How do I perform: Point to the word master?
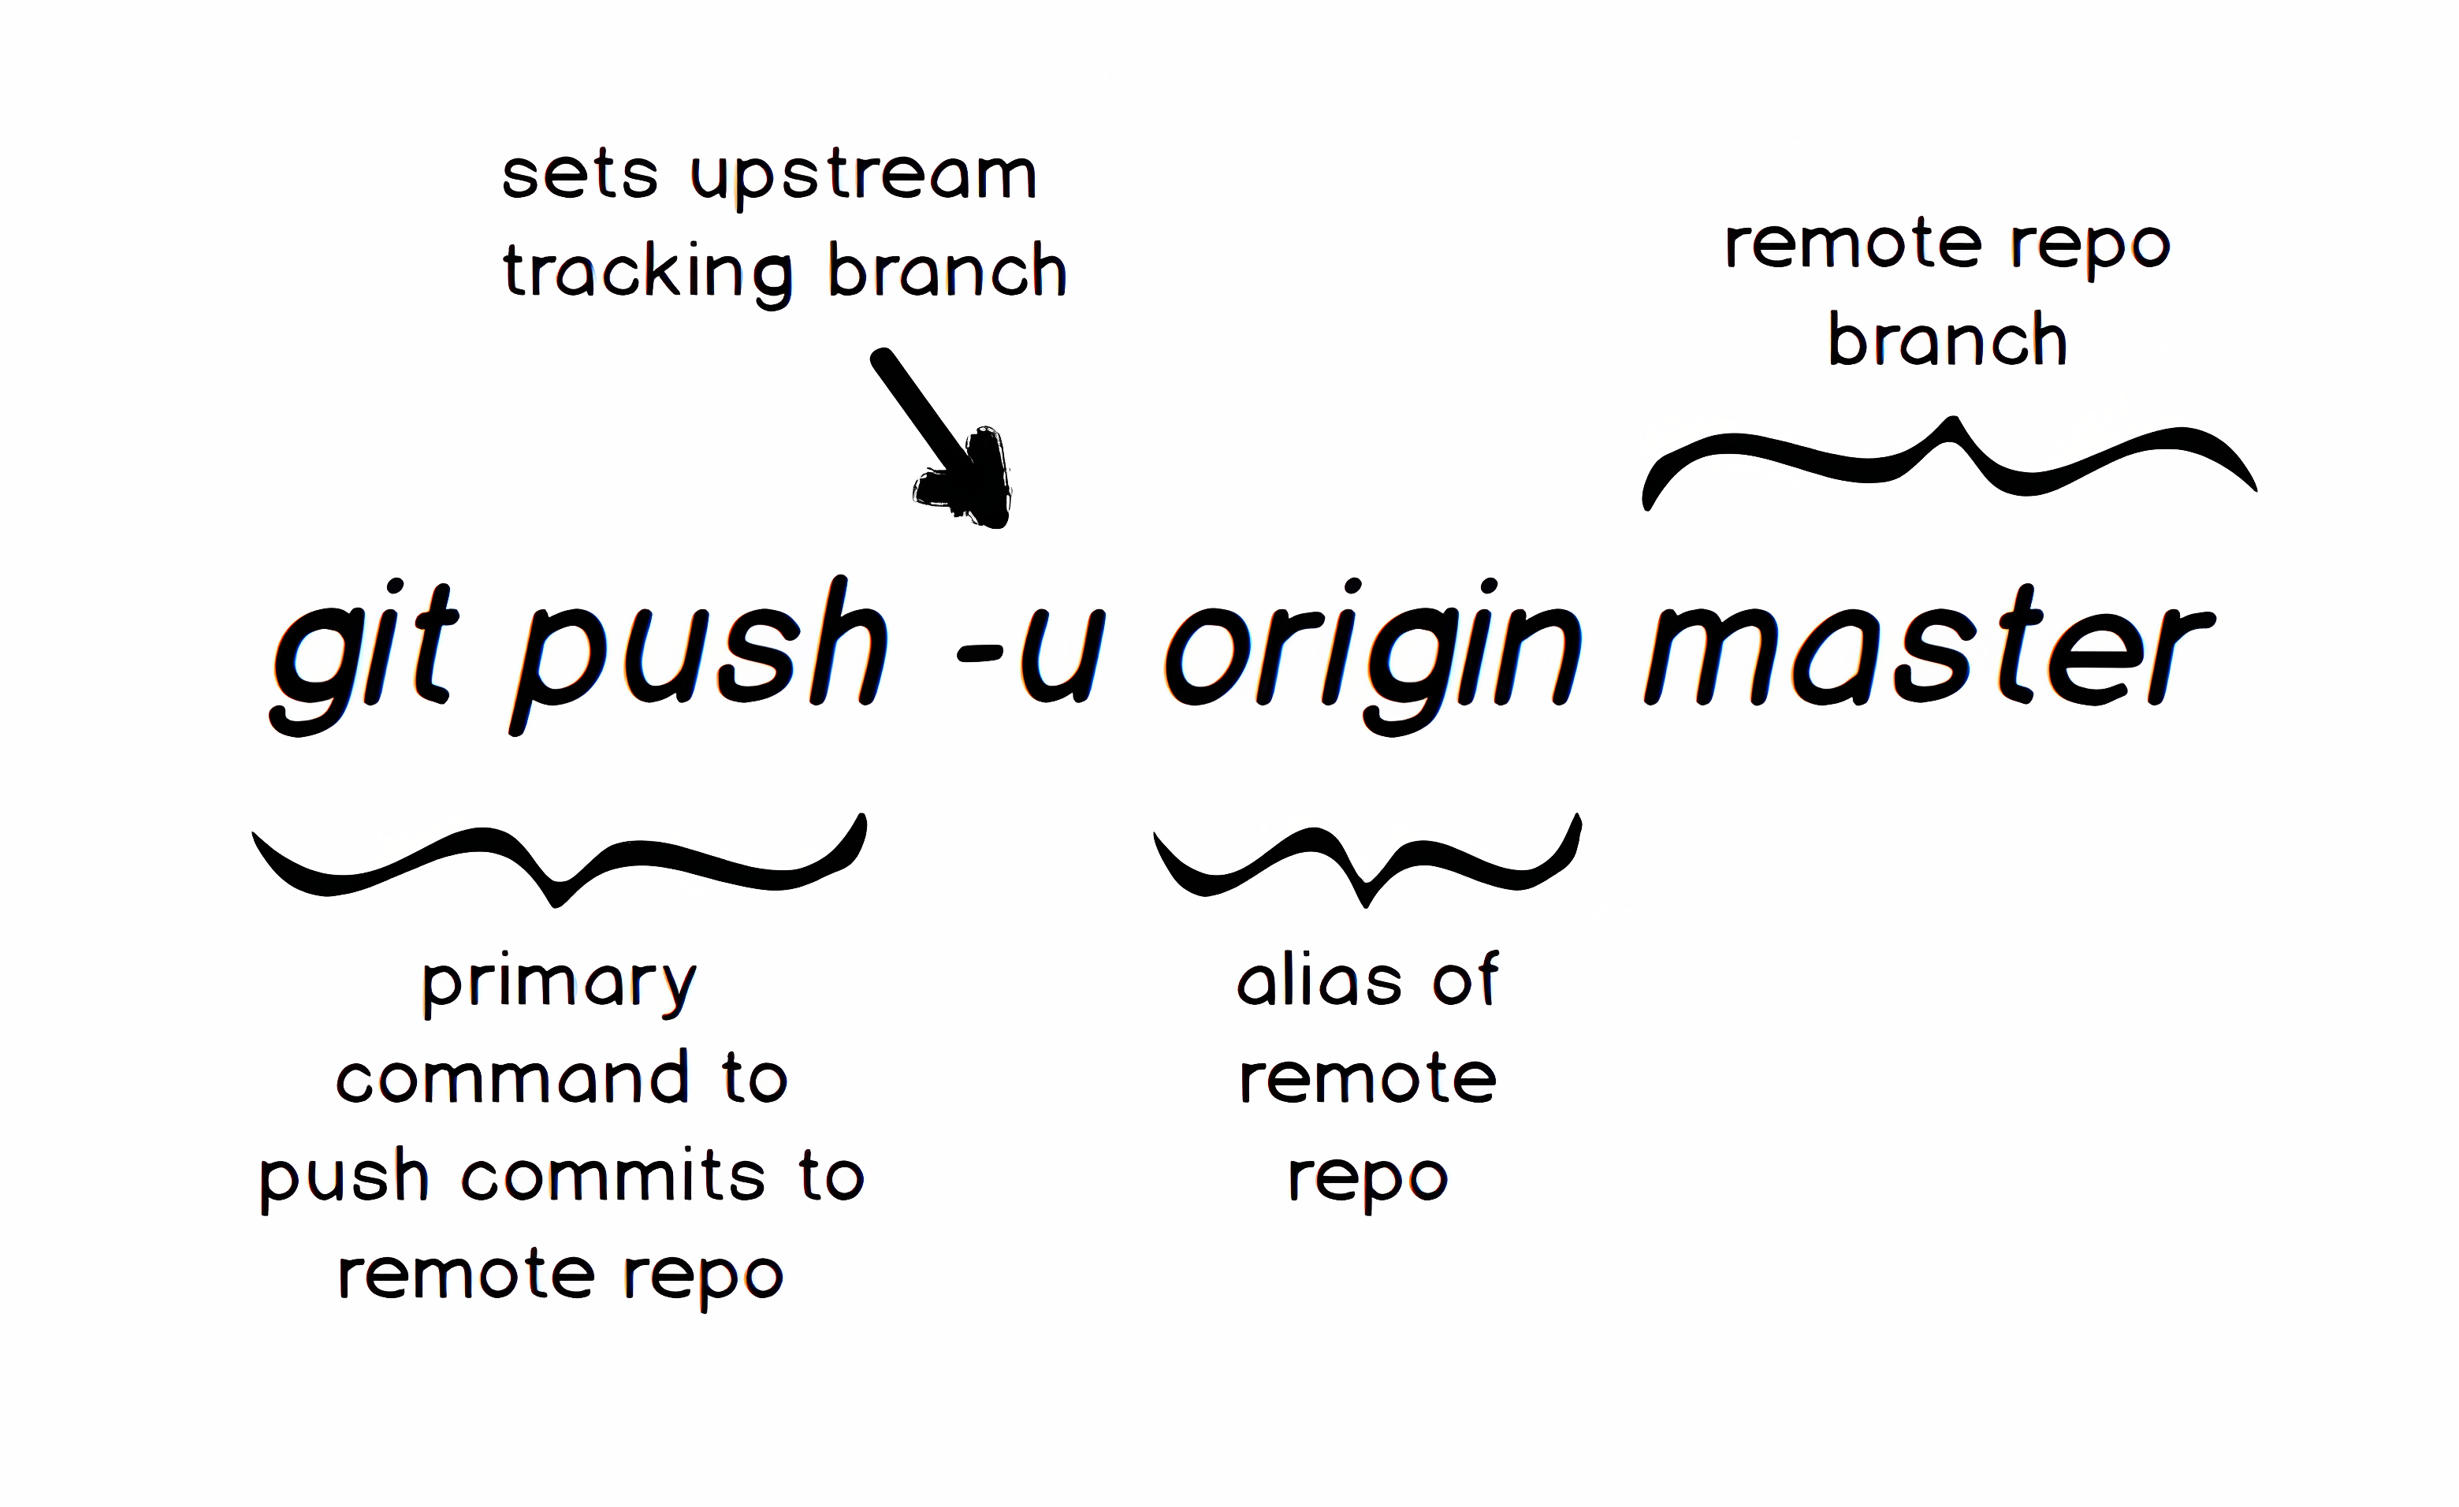[1926, 649]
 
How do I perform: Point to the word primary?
[559, 984]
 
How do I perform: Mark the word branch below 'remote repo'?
[1947, 340]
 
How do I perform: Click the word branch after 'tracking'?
[947, 270]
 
